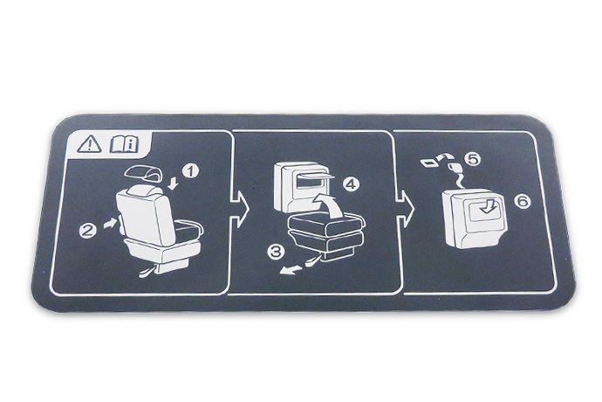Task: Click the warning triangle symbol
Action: [x=89, y=144]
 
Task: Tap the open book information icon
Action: [x=124, y=144]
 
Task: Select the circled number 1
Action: [x=190, y=170]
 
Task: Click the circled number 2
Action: [x=88, y=230]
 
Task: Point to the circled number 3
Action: [x=276, y=252]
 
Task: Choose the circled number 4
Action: [x=351, y=185]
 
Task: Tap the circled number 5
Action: [x=472, y=158]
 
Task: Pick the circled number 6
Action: [x=522, y=201]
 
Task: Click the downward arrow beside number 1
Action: [x=173, y=184]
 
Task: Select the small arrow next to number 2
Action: [x=110, y=223]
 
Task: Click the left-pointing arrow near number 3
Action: [x=291, y=270]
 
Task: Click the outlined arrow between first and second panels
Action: [x=239, y=210]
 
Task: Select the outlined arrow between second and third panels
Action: [x=405, y=209]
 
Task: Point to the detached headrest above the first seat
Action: [x=142, y=174]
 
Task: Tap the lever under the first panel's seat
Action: [x=148, y=272]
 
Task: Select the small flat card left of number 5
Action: [x=429, y=163]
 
